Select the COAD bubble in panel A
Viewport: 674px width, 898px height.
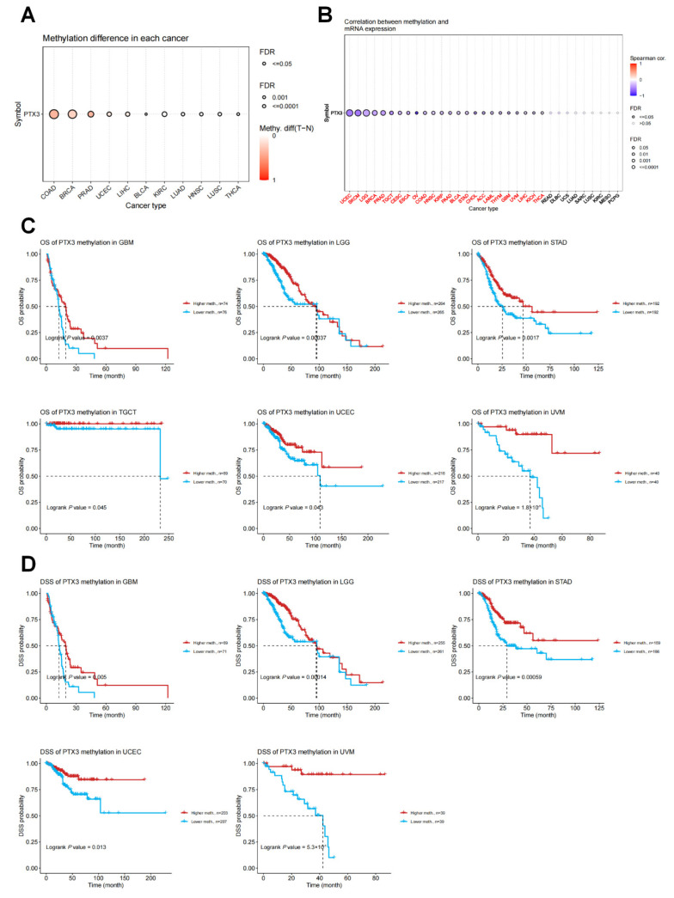(x=53, y=114)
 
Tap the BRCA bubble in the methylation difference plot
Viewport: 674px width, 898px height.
(x=72, y=114)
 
